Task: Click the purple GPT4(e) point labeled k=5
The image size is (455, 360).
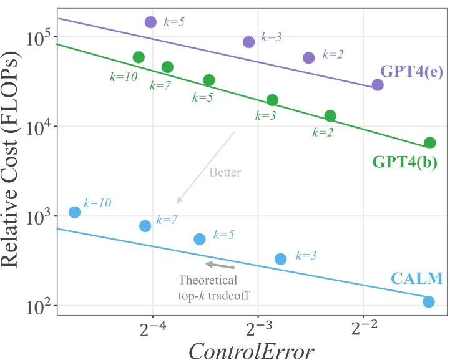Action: click(x=150, y=22)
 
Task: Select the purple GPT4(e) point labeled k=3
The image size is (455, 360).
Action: click(x=249, y=42)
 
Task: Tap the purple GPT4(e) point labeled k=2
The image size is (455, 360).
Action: click(x=309, y=57)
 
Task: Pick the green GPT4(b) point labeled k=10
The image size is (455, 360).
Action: click(x=139, y=57)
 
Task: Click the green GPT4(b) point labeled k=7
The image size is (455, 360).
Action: click(x=167, y=67)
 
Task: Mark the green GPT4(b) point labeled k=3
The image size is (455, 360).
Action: click(x=272, y=100)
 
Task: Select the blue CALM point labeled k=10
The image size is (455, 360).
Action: click(x=75, y=212)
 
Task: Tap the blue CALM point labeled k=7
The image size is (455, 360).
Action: click(x=145, y=226)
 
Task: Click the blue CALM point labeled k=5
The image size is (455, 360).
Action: click(x=200, y=239)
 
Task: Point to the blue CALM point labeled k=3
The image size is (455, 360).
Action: click(x=281, y=259)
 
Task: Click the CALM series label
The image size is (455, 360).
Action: click(x=417, y=279)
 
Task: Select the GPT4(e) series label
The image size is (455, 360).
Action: click(x=411, y=71)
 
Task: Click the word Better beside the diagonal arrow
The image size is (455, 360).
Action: click(x=225, y=172)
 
